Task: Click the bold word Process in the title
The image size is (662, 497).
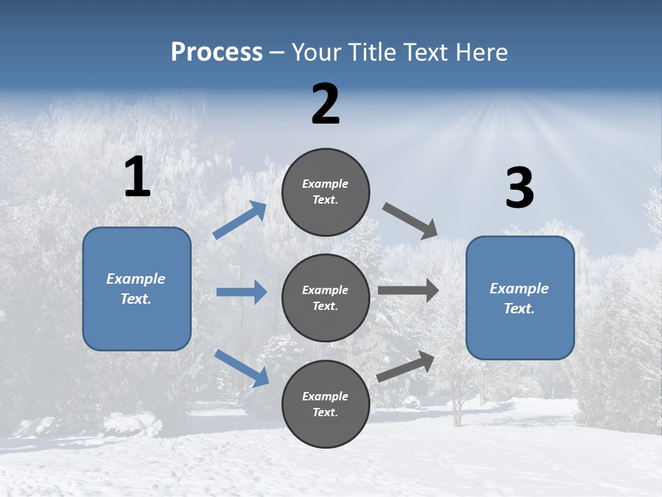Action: [217, 52]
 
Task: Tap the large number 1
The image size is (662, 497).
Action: [137, 177]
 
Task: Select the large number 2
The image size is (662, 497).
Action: [325, 104]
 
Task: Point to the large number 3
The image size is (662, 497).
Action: [519, 188]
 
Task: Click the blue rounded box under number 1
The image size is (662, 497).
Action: [137, 289]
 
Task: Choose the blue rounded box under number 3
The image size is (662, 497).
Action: [520, 298]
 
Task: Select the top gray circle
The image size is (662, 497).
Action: [325, 192]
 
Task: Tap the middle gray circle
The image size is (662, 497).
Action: [325, 298]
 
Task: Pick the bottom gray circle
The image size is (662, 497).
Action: [325, 404]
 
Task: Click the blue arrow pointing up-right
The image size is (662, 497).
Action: [240, 220]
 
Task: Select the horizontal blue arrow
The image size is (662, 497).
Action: [241, 292]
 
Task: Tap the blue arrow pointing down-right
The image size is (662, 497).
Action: [241, 368]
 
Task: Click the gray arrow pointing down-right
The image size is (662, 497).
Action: [411, 221]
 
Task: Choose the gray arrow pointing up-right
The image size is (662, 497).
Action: [406, 366]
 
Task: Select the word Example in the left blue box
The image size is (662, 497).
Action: [136, 279]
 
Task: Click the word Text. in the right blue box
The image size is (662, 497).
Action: [519, 309]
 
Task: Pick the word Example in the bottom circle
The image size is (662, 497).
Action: [325, 396]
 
